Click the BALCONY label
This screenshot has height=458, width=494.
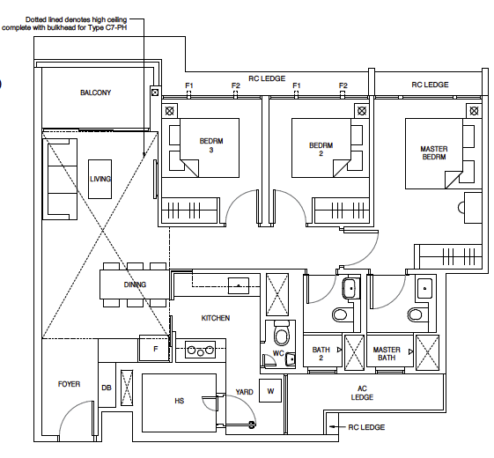95,92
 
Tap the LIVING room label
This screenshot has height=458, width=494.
100,179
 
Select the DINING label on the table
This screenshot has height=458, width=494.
135,284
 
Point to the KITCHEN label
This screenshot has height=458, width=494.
215,318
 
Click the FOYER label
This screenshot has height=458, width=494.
69,384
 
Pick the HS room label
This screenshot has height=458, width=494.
179,401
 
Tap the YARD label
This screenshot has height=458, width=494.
243,392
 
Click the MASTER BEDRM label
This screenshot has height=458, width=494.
434,154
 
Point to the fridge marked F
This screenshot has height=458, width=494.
155,349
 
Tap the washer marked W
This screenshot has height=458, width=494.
270,391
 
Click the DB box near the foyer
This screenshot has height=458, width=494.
106,388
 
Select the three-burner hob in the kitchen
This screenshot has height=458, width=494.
200,351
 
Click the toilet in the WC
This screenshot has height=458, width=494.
282,335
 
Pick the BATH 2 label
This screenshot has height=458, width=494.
321,354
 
